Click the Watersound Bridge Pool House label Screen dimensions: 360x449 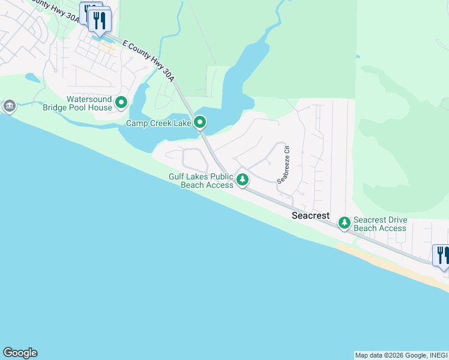89,103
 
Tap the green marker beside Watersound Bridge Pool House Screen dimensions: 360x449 121,103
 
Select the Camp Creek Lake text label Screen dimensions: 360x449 158,123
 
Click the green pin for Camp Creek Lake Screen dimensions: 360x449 200,123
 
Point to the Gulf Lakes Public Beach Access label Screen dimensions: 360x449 201,181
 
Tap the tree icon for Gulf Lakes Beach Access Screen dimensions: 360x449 243,179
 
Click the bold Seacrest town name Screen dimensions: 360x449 310,215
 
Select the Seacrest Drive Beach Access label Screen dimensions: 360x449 380,224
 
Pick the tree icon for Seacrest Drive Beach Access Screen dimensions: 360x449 345,223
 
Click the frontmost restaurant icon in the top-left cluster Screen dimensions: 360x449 100,21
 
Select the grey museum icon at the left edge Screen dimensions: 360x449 9,107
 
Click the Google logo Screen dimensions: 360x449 20,353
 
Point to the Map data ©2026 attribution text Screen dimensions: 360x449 401,355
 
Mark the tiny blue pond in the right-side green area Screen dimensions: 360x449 357,57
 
